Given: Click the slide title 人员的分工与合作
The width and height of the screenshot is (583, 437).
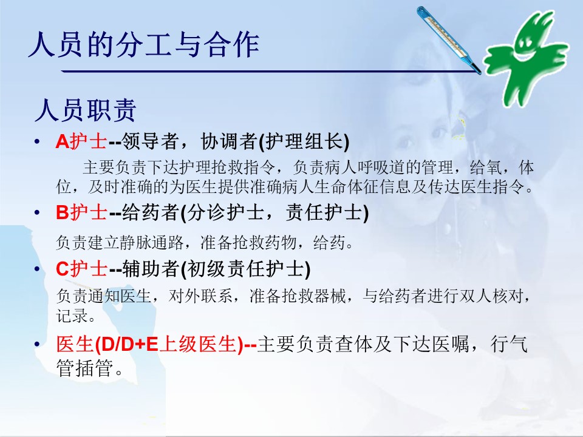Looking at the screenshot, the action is [143, 45].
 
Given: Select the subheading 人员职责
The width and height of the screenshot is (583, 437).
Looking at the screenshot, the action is [86, 110].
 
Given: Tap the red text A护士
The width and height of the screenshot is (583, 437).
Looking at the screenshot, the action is [81, 141].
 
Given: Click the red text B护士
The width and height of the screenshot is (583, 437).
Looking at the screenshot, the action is [81, 212].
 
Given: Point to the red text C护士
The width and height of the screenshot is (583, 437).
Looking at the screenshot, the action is [81, 269].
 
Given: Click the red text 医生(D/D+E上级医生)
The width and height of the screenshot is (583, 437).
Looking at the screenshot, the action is [150, 344].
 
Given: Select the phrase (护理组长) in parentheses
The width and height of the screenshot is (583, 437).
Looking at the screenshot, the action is [304, 141].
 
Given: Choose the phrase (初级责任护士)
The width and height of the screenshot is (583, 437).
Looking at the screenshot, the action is [245, 269].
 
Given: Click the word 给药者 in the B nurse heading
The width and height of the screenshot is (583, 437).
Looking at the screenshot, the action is [151, 212].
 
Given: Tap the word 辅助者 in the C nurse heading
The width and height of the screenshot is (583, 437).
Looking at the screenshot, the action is [151, 269].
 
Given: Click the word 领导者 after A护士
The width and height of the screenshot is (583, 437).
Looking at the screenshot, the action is [151, 141].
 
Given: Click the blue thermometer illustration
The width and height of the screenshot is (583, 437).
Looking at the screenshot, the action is [448, 39].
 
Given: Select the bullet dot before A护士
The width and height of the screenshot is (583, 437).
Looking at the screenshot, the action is [37, 141].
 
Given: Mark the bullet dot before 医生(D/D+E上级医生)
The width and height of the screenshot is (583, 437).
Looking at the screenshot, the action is [37, 344].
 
